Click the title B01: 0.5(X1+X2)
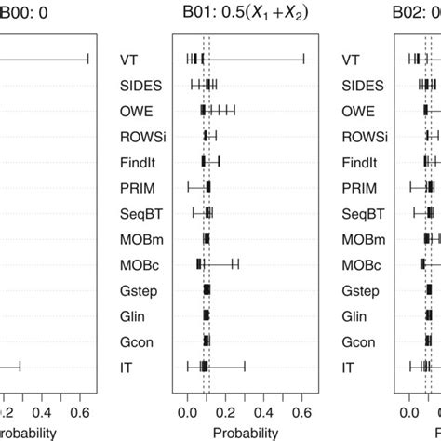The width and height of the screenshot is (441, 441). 246,12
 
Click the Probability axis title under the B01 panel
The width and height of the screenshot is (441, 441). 246,433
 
